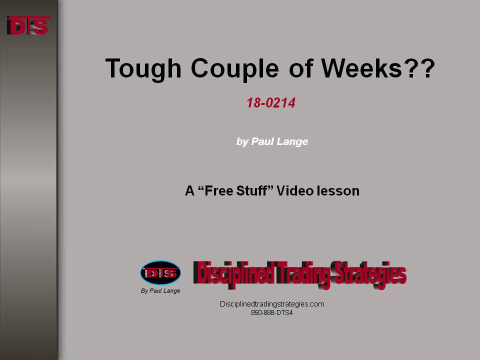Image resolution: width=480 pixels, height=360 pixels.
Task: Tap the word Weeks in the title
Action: click(x=361, y=68)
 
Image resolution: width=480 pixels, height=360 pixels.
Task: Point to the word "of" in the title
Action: click(x=301, y=68)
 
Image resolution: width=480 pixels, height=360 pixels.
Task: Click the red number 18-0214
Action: click(x=271, y=103)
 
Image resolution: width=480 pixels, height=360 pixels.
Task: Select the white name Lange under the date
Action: click(x=295, y=141)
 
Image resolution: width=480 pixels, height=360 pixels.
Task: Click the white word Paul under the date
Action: click(x=264, y=141)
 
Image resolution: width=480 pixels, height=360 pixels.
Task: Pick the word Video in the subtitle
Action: click(x=295, y=190)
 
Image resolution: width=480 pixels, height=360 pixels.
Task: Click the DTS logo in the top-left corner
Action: click(x=28, y=25)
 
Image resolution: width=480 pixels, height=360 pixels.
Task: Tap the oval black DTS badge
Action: click(x=160, y=272)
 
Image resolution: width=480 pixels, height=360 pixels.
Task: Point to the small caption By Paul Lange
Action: click(x=160, y=291)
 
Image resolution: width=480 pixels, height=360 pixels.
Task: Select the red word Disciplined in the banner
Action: click(x=233, y=273)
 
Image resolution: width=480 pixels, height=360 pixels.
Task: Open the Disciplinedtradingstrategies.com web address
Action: click(x=272, y=304)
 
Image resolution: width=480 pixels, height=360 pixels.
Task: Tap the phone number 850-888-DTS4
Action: click(x=272, y=313)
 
